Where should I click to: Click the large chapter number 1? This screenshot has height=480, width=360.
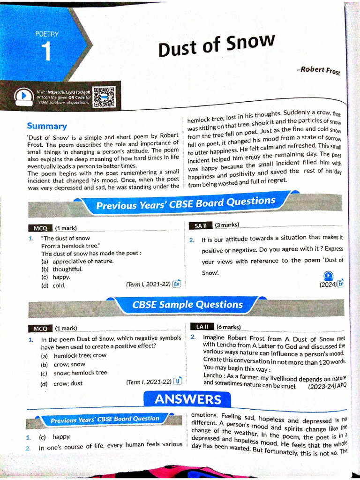click(x=46, y=52)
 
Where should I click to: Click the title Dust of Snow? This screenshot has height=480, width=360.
click(x=216, y=45)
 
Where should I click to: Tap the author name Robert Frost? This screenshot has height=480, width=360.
click(x=318, y=71)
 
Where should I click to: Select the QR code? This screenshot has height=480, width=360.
click(x=104, y=97)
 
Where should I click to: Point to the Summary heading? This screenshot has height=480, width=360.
click(x=47, y=126)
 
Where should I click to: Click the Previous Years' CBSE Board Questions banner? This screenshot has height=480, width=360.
click(x=186, y=203)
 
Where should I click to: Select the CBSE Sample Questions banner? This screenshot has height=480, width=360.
click(x=187, y=305)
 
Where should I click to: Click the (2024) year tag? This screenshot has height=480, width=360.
click(x=328, y=285)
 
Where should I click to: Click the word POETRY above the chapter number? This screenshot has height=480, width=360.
click(x=47, y=34)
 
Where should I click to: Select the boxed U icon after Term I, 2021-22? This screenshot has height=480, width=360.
click(x=177, y=382)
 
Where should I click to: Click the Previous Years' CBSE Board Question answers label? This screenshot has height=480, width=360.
click(x=105, y=420)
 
